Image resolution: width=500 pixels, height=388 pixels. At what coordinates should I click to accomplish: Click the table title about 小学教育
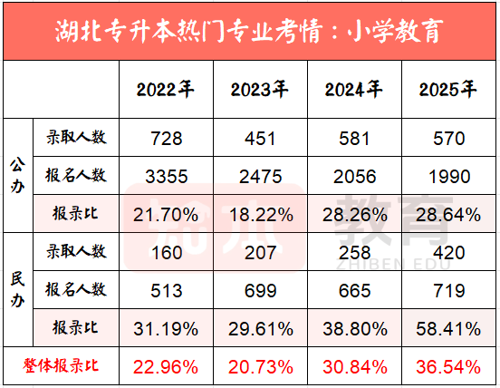pos(249,32)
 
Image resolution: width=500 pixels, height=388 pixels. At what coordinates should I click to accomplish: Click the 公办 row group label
pos(15,175)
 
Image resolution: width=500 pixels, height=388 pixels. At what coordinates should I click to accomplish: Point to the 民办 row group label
pos(15,288)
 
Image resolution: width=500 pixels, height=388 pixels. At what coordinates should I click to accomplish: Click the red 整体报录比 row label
pos(60,367)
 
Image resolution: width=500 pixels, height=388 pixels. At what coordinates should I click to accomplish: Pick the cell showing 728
pos(166,139)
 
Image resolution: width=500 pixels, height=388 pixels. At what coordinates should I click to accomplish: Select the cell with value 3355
pos(166,175)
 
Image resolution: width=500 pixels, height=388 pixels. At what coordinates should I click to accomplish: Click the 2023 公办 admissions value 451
pos(260,139)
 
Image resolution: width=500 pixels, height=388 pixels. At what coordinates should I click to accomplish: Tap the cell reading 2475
pos(260,175)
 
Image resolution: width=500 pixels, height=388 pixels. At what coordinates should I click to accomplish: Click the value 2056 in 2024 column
pos(354,175)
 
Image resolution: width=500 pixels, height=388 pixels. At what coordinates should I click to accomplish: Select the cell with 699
pos(260,289)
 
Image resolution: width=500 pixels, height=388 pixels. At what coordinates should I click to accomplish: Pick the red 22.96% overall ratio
pos(166,367)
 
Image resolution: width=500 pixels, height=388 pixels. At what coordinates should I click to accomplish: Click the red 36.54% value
pos(448,367)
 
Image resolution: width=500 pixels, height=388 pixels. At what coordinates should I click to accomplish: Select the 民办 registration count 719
pos(448,289)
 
